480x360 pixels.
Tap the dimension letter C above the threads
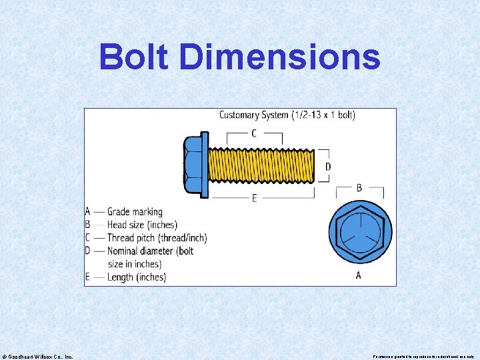tap(254, 133)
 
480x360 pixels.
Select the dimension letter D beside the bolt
tap(327, 166)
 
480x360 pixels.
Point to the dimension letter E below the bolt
tap(255, 198)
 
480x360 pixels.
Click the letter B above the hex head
tap(359, 188)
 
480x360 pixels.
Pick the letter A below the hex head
tap(359, 275)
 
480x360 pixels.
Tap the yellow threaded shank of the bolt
tap(261, 165)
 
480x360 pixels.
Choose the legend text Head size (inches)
tap(142, 225)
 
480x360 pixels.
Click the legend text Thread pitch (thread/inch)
tap(157, 238)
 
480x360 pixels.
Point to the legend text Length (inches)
tap(137, 277)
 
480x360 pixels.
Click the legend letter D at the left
tap(88, 251)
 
